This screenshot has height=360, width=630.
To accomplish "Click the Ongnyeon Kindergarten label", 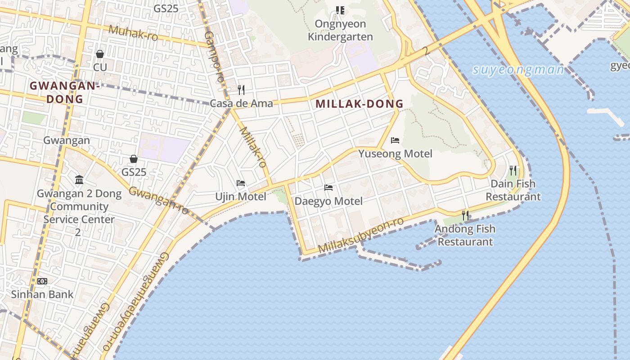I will [x=340, y=30].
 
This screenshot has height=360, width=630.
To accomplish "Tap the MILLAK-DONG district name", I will [x=359, y=104].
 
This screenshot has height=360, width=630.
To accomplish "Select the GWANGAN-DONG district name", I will [x=63, y=92].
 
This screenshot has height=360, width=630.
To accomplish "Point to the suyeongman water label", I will [x=518, y=70].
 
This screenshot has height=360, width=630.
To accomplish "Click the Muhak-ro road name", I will [x=133, y=33].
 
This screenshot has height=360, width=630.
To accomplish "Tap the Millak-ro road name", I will [x=253, y=147].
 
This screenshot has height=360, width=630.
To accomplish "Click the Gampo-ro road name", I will [x=214, y=56].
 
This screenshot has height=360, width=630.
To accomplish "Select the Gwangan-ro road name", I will [x=158, y=200].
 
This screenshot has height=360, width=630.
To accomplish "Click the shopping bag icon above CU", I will [x=100, y=54].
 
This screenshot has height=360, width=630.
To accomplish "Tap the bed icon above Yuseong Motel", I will [x=395, y=140].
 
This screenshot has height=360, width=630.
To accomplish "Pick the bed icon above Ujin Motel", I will [x=241, y=183].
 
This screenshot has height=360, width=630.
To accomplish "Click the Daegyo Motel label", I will [x=328, y=201].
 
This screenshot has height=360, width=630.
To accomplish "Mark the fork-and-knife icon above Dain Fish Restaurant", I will [x=513, y=170].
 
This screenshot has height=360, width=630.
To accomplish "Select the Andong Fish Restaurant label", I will [x=465, y=235].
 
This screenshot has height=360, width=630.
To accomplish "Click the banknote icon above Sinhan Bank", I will [x=42, y=282].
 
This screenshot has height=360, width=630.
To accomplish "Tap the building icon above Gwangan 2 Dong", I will [x=79, y=180].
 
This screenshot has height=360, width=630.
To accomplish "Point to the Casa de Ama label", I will [x=242, y=103].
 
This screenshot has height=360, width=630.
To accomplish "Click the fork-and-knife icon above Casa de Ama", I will [x=241, y=90].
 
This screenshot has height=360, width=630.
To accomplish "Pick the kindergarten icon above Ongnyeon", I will [x=340, y=10].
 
